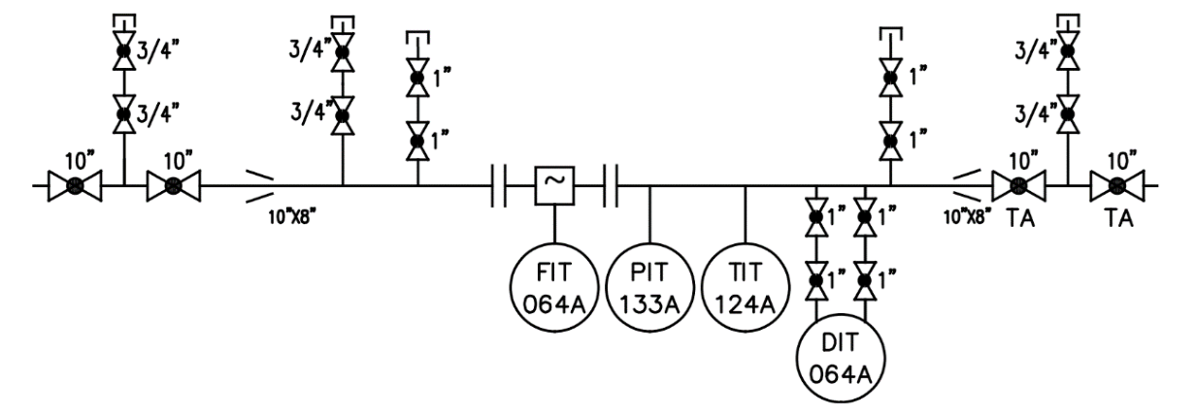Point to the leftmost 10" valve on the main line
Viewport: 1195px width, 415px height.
(75, 185)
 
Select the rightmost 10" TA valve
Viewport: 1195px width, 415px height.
(1117, 185)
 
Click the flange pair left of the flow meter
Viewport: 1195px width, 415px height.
(499, 185)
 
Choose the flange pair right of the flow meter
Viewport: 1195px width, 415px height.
(612, 185)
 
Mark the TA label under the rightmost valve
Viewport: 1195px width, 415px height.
(1118, 218)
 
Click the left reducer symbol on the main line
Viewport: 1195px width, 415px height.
(260, 185)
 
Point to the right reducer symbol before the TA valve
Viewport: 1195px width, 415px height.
(967, 185)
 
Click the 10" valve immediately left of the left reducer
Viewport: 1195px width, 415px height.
(174, 185)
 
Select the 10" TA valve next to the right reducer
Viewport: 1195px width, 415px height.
(1019, 185)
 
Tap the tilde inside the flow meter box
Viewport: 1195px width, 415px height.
(555, 180)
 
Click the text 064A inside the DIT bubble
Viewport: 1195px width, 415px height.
(841, 375)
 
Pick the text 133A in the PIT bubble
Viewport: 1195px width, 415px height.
(649, 305)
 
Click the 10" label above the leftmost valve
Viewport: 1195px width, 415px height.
(80, 160)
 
